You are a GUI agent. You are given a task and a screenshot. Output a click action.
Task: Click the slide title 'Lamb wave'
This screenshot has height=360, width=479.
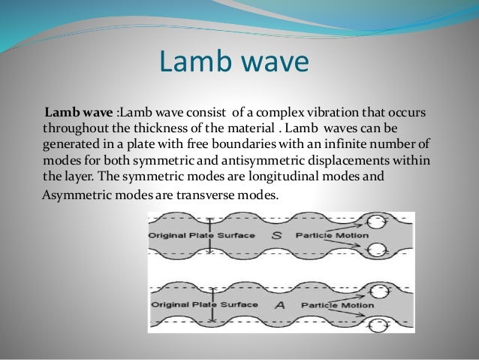(x=233, y=63)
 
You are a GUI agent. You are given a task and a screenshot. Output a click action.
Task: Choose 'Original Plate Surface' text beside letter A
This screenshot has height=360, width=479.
(x=203, y=306)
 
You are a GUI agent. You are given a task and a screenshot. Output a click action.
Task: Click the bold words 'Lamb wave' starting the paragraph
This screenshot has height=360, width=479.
(x=77, y=113)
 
